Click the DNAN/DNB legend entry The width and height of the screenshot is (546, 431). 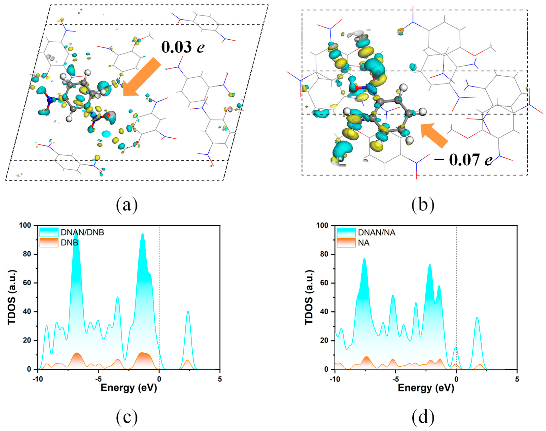[72, 232]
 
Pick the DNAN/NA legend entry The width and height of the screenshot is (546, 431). [366, 232]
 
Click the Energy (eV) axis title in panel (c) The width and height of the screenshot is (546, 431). [129, 388]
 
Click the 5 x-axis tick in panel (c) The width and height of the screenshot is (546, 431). [220, 379]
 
